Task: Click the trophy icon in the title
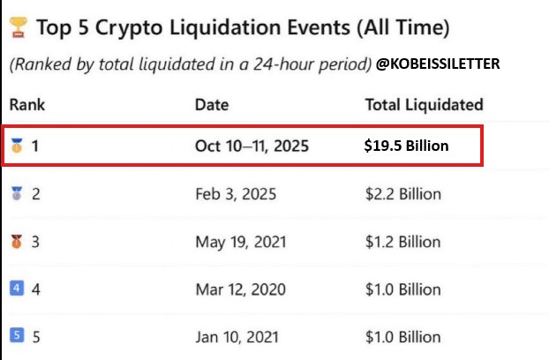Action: tap(18, 29)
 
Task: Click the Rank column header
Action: tap(27, 105)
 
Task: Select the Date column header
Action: tap(212, 105)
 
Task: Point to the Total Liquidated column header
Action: tap(424, 105)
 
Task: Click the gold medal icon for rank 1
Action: tap(16, 146)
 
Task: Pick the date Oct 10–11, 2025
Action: tap(252, 146)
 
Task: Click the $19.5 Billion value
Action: tap(407, 146)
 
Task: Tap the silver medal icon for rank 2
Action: tap(16, 193)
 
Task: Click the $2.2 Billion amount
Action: tap(403, 193)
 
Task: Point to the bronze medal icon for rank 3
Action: tap(16, 241)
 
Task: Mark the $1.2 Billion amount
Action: tap(403, 241)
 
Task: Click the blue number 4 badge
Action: tap(16, 288)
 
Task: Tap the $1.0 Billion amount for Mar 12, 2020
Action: tap(403, 288)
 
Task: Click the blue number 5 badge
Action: tap(16, 335)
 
